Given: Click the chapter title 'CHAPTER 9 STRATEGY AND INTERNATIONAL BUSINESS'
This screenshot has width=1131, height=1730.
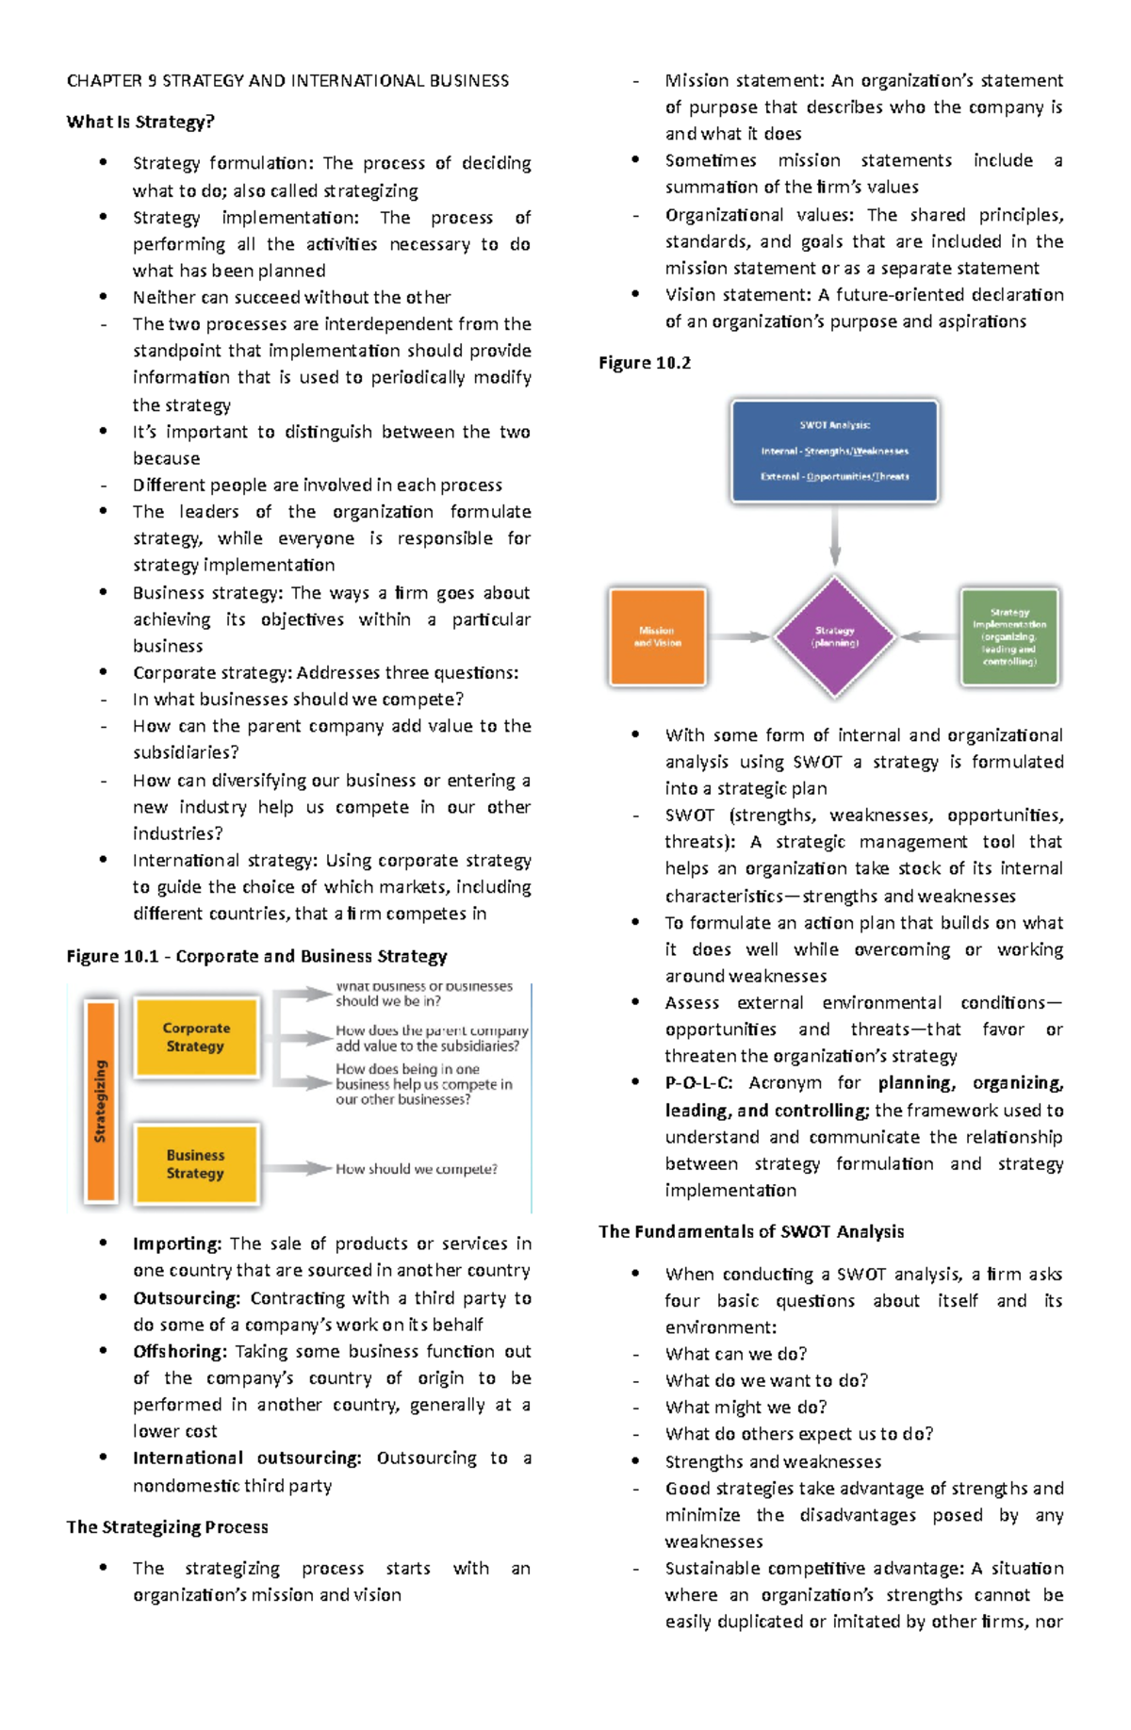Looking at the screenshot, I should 287,81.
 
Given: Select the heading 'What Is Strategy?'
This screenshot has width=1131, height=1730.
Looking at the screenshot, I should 140,122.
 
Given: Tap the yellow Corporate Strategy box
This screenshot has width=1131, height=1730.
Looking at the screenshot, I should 196,1037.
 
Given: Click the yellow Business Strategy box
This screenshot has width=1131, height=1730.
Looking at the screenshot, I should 196,1164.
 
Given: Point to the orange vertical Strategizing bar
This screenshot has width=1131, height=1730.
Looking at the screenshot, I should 101,1101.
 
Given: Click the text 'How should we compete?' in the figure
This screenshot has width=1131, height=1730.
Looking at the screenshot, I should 416,1169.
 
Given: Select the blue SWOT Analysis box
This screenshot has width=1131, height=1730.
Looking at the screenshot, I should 834,451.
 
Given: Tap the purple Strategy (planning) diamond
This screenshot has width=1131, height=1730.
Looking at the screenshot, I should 834,636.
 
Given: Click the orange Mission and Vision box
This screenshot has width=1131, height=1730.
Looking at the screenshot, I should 657,636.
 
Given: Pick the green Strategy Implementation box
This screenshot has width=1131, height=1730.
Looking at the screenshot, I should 1009,636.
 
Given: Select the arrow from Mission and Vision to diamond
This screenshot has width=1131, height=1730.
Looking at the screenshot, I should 739,637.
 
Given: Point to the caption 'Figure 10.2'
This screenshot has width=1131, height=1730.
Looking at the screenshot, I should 645,363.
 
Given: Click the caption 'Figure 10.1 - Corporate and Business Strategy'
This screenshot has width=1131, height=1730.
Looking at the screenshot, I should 256,956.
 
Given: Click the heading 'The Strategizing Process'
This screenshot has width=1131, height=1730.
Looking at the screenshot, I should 167,1526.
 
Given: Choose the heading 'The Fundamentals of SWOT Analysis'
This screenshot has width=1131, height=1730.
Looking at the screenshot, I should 751,1231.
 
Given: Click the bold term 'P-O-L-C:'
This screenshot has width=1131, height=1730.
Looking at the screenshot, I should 698,1083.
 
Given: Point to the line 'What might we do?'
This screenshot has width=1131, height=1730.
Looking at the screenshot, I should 746,1407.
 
